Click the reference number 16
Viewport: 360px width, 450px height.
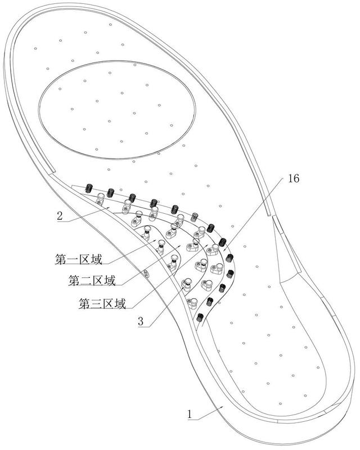(x=294, y=178)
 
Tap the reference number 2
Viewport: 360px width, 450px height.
(x=60, y=216)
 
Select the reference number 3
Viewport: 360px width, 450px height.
(x=141, y=321)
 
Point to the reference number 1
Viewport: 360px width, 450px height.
(x=189, y=414)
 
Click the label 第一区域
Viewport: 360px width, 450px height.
(x=78, y=259)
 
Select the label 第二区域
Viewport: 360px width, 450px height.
(x=92, y=280)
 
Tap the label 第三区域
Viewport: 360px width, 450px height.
(x=102, y=303)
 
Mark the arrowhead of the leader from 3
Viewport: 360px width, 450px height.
(x=183, y=287)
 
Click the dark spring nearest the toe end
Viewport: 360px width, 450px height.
(x=89, y=188)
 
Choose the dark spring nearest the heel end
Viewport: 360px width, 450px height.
(x=200, y=317)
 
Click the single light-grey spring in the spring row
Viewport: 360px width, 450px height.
(x=195, y=217)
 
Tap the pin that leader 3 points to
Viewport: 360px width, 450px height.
(x=187, y=283)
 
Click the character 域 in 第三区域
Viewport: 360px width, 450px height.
(x=120, y=303)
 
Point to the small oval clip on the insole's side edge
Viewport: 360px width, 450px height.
(x=146, y=273)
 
